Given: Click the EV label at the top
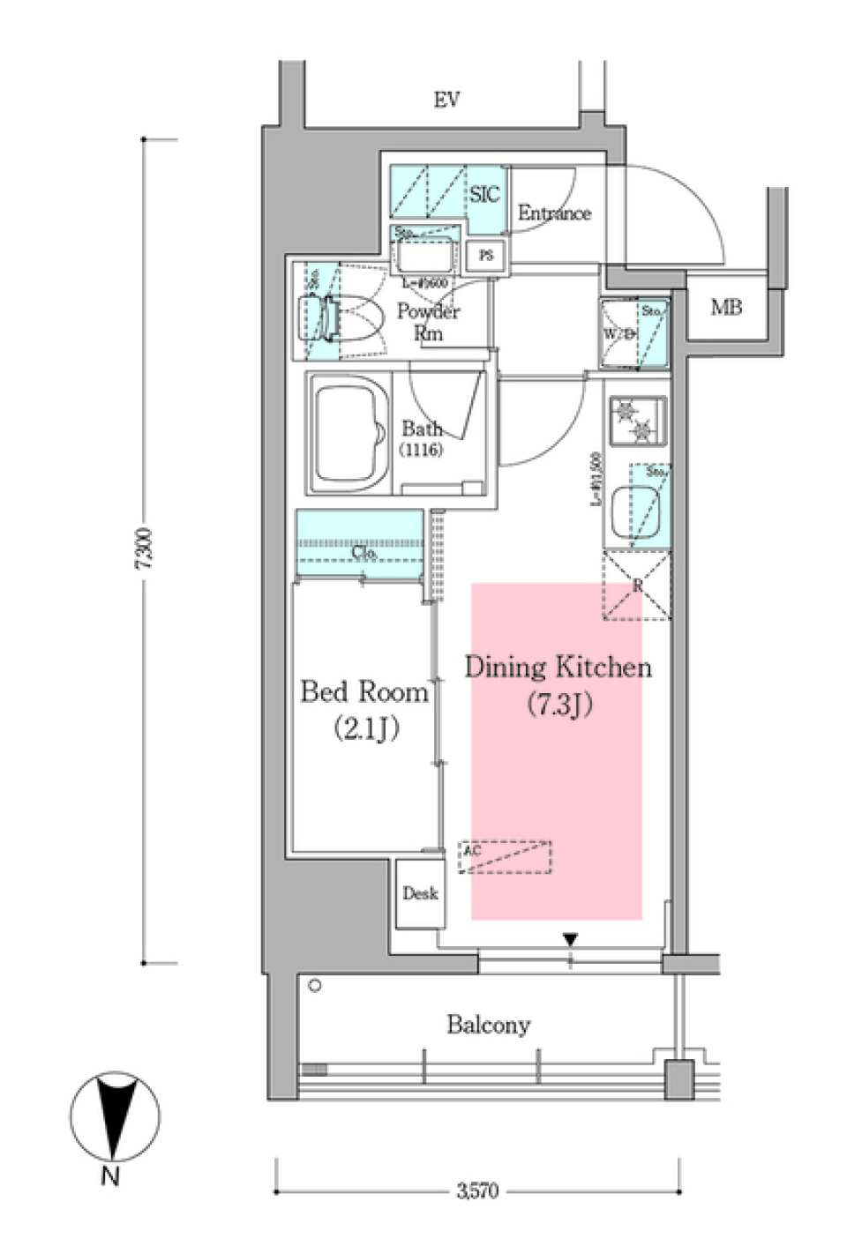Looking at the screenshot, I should tap(446, 101).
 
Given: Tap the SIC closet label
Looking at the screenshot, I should tap(483, 194).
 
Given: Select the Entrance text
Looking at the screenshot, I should tap(554, 213).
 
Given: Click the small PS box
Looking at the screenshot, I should tap(485, 256).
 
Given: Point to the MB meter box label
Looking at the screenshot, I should tap(726, 308).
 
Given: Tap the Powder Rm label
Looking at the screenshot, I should tap(428, 323).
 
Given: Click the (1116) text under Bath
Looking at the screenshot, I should tap(421, 451).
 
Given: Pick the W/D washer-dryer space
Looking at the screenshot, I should tap(620, 333).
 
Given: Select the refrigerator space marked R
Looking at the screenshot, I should tap(636, 586).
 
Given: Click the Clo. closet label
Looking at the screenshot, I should tap(364, 553).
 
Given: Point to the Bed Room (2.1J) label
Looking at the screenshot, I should tap(364, 709).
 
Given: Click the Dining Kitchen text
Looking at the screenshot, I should tap(558, 668).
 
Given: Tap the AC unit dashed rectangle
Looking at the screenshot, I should tap(505, 857).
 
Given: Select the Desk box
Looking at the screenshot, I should tap(420, 893).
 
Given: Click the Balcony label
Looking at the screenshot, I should tap(488, 1025).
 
